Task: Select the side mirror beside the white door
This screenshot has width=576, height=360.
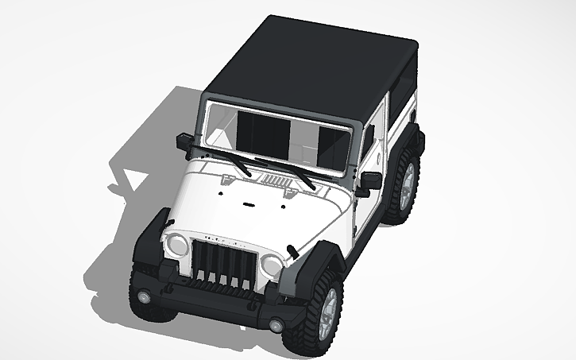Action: click(369, 180)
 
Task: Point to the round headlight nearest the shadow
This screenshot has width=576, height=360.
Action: click(176, 244)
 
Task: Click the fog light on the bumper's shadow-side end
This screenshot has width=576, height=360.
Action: click(144, 296)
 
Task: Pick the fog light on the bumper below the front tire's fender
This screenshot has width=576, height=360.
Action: click(276, 325)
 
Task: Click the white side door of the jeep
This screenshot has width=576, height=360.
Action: click(367, 203)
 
